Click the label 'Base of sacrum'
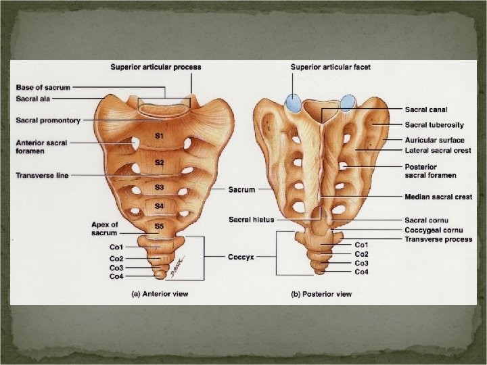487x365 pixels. click(x=43, y=87)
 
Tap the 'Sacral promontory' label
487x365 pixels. click(x=48, y=120)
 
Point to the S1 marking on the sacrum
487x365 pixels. click(x=159, y=137)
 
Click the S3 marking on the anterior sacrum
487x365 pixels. click(x=159, y=187)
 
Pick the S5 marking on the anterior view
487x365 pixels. click(x=159, y=226)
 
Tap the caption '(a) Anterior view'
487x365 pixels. click(x=160, y=294)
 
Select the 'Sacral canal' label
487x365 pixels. click(x=426, y=109)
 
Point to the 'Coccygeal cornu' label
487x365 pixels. click(x=433, y=229)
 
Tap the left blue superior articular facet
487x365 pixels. click(x=294, y=103)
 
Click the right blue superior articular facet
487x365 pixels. click(x=348, y=102)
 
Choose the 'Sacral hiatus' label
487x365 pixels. click(x=250, y=220)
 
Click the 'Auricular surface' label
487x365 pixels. click(x=435, y=140)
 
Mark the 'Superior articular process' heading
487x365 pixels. click(x=156, y=68)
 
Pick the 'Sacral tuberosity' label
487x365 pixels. click(x=434, y=125)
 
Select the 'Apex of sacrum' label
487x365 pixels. click(x=105, y=228)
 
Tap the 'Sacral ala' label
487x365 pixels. click(x=32, y=99)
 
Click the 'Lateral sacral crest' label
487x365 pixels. click(x=438, y=150)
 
